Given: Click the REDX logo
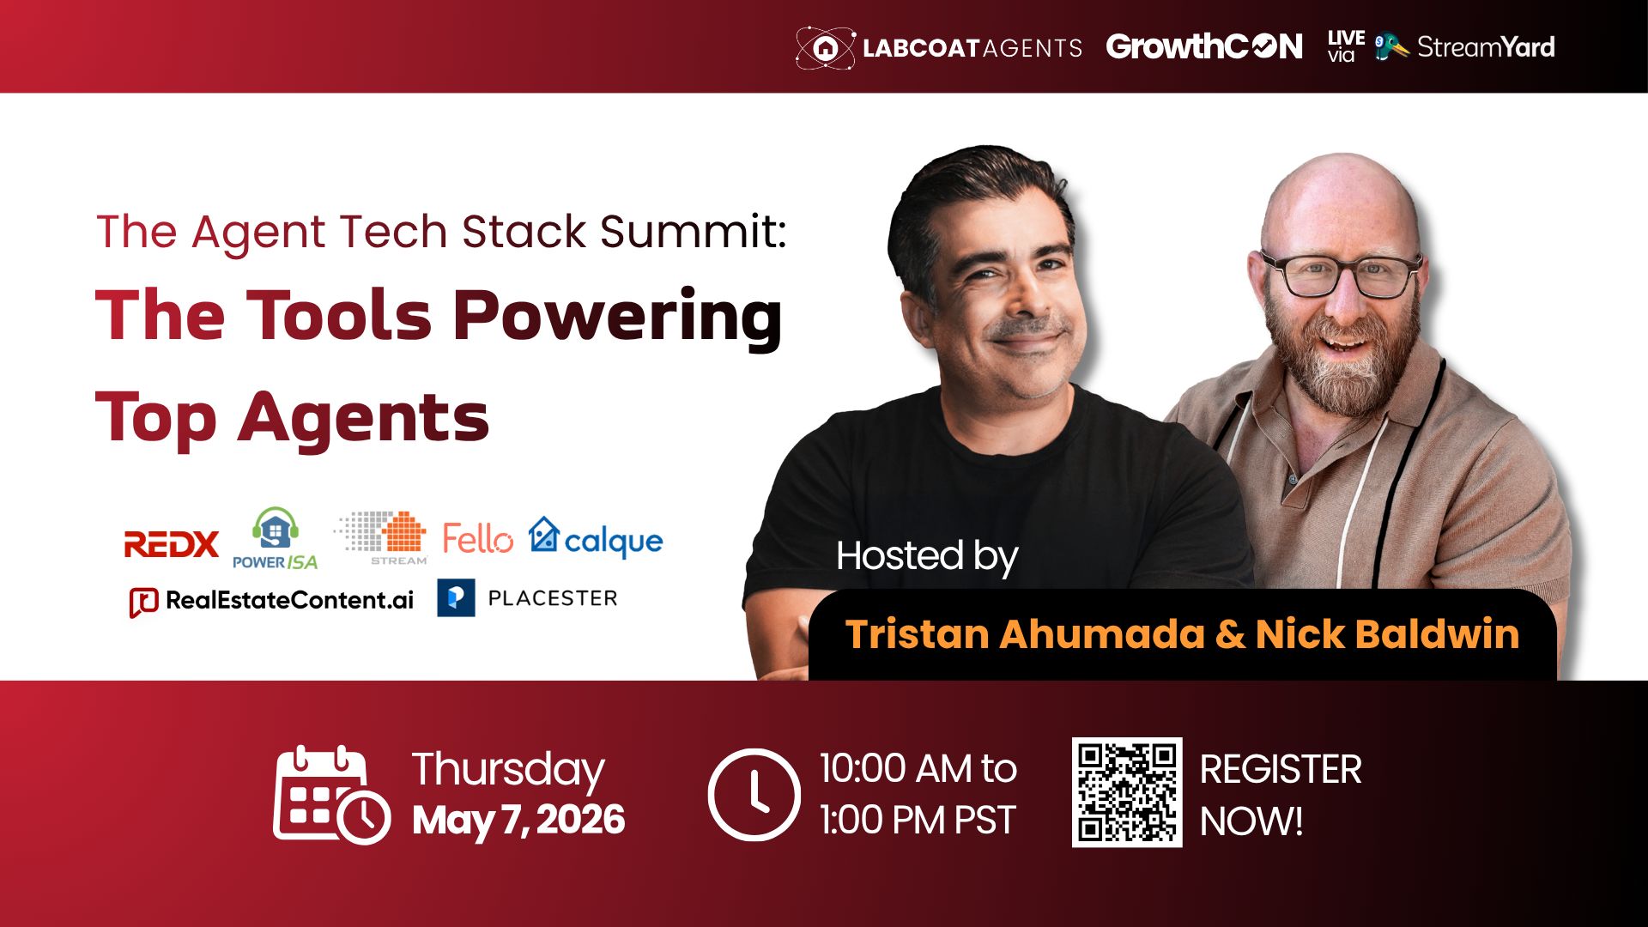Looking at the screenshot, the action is (172, 544).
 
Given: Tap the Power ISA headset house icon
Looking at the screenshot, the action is (276, 529).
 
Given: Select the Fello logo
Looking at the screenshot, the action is (477, 539).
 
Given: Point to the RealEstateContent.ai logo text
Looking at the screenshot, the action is (289, 600).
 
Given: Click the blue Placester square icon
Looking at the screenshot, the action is (456, 598).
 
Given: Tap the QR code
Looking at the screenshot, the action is (1127, 792).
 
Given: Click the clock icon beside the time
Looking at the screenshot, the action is (754, 794).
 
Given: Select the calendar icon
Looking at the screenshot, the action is (331, 794).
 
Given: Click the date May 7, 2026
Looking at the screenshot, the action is (518, 820).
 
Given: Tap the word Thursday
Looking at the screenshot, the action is (508, 770).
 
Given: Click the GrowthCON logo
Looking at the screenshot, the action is (1204, 46).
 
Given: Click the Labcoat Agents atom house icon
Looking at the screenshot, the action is (825, 47).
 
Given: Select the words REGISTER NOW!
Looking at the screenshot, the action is (1281, 795).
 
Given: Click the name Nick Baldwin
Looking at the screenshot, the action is (1387, 634).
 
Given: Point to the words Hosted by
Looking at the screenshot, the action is (927, 557).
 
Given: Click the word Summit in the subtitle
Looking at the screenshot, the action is (693, 232).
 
